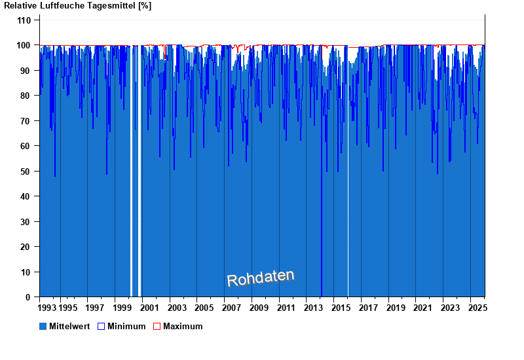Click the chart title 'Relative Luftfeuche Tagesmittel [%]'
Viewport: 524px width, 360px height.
coord(78,6)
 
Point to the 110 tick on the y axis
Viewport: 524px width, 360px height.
coord(24,20)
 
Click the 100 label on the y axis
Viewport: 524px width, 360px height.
coord(24,46)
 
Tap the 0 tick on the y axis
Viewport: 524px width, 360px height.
coord(28,297)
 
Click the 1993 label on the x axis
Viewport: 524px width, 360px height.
coord(47,308)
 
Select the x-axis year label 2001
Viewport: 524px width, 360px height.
coord(149,308)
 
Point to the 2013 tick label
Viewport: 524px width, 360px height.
coord(312,308)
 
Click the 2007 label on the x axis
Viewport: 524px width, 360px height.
coord(231,308)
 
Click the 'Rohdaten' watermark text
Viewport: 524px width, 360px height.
coord(261,278)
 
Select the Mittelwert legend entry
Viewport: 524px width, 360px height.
coord(69,326)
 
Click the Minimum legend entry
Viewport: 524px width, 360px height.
coord(126,326)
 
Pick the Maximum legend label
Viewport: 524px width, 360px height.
coord(183,326)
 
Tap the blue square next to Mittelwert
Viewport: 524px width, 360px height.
coord(43,326)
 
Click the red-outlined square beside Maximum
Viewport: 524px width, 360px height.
coord(157,326)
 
